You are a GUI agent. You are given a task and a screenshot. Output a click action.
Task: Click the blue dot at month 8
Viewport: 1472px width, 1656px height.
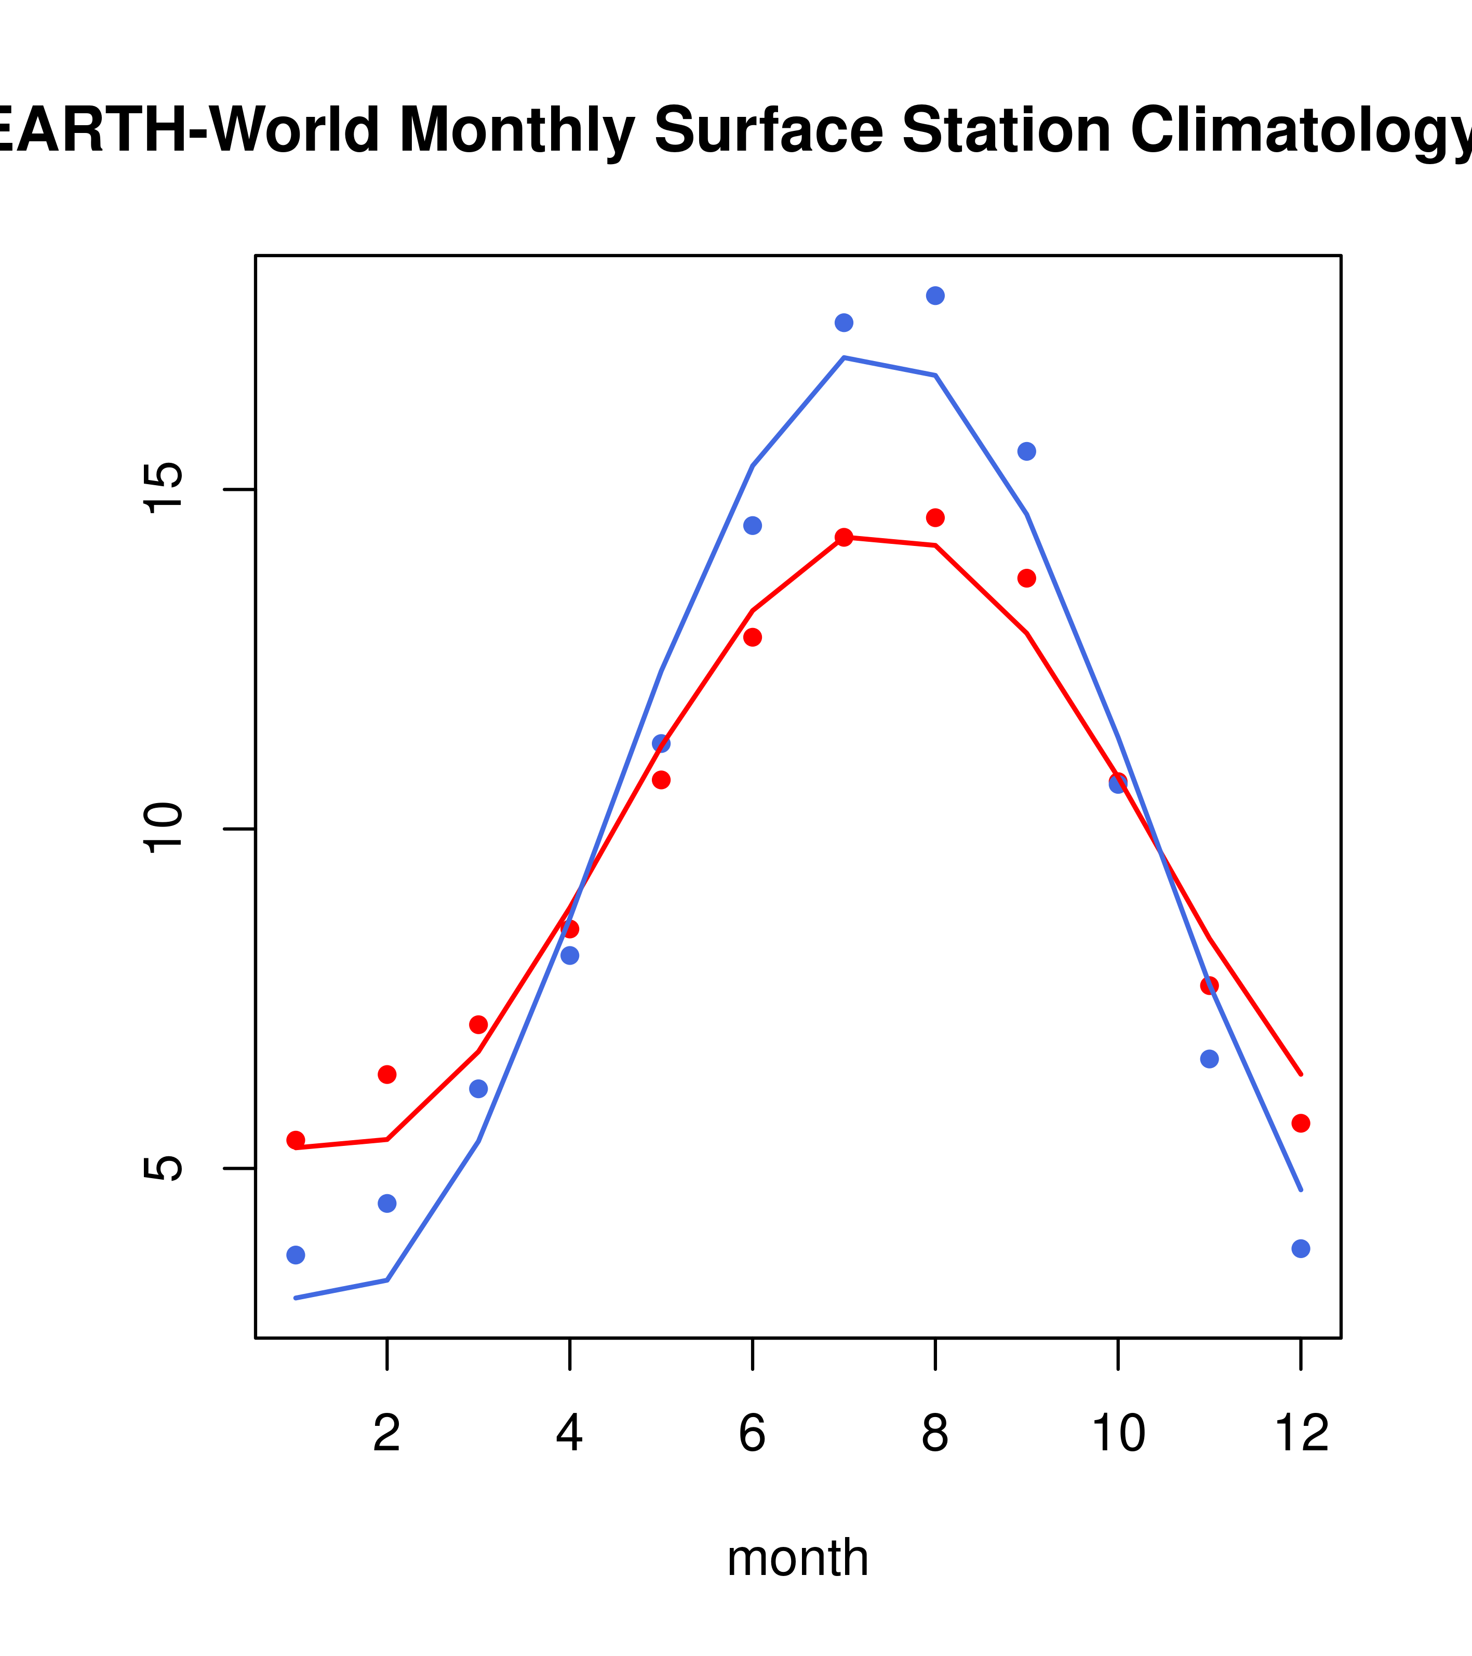pyautogui.click(x=935, y=296)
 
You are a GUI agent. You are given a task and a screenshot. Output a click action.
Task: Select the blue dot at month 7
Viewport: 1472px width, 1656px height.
pyautogui.click(x=844, y=323)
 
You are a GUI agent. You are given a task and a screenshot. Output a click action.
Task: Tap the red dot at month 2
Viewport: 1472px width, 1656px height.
pyautogui.click(x=387, y=1074)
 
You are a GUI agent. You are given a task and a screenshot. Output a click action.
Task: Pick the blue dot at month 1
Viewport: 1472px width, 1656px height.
pyautogui.click(x=296, y=1255)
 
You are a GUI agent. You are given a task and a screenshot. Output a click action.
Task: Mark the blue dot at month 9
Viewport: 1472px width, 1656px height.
pyautogui.click(x=1026, y=451)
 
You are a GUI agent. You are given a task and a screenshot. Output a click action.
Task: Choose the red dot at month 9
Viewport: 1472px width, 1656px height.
pyautogui.click(x=1026, y=578)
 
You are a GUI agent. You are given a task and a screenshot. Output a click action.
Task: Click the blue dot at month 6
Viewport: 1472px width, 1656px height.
pyautogui.click(x=753, y=526)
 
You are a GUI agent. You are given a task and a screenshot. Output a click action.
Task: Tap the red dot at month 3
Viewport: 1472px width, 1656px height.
pyautogui.click(x=479, y=1025)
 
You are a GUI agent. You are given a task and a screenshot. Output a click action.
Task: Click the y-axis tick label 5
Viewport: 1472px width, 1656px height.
pyautogui.click(x=165, y=1168)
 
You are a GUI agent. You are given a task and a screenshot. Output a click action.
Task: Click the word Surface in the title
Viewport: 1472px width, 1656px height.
pyautogui.click(x=768, y=130)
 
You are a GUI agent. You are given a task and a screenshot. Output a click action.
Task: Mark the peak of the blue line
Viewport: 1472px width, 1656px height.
pyautogui.click(x=844, y=357)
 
